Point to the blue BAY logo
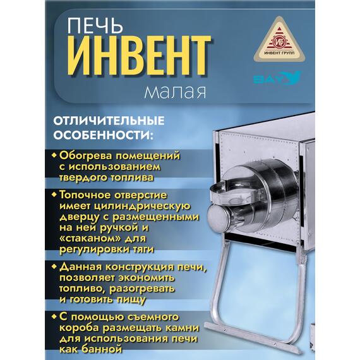[x=276, y=80]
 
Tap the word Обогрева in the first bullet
[x=85, y=155]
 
